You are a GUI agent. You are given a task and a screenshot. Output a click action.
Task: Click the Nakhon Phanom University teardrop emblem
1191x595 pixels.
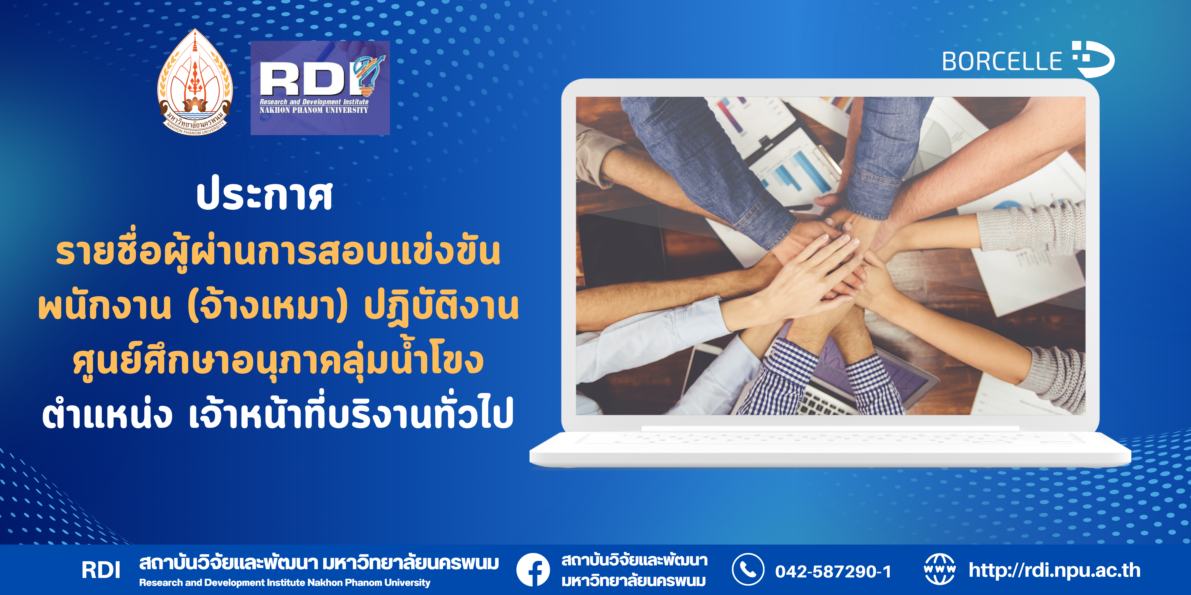tap(195, 82)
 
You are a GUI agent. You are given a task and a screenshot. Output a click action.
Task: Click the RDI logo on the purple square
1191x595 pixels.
tap(320, 88)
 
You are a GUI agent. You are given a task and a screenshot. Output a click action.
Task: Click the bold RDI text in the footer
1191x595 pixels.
tap(101, 570)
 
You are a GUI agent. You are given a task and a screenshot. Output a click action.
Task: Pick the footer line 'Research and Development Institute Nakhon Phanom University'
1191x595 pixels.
tap(285, 583)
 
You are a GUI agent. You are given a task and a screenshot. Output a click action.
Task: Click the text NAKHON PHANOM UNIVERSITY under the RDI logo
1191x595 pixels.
tap(314, 110)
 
